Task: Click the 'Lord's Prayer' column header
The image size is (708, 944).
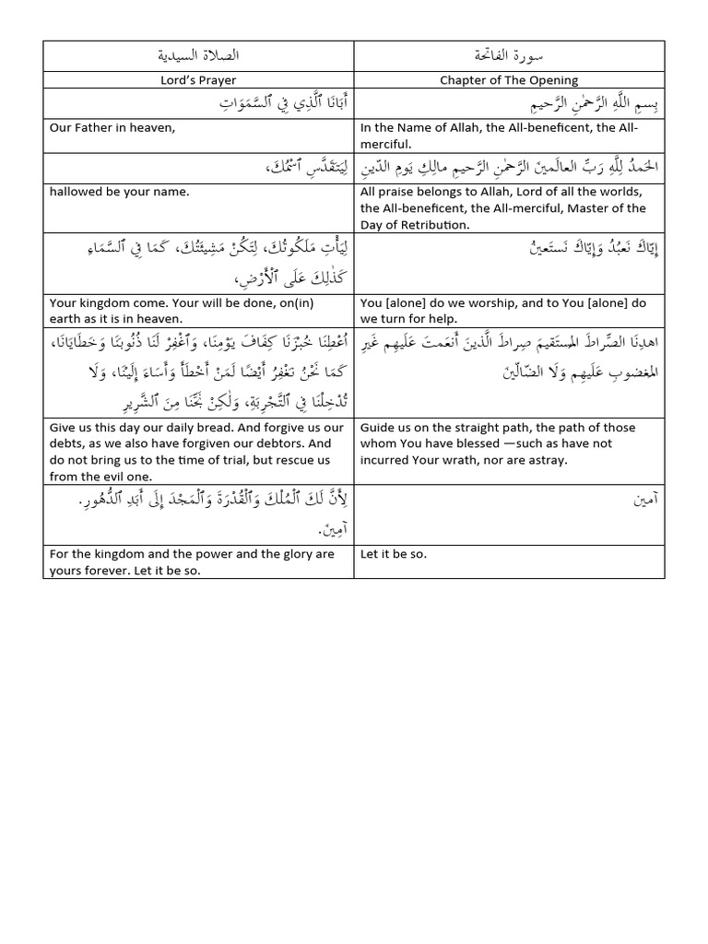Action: (199, 80)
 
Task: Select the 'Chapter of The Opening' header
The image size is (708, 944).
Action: (509, 80)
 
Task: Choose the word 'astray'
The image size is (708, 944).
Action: (549, 460)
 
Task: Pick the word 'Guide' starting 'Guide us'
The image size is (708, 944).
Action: (377, 428)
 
